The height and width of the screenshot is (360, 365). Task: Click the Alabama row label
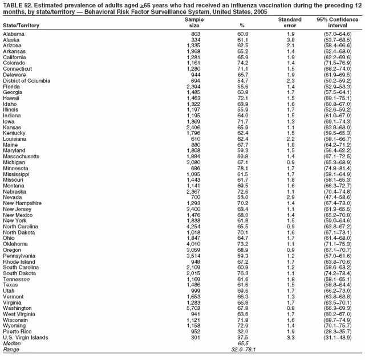pos(14,34)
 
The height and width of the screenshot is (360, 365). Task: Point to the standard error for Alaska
pos(290,40)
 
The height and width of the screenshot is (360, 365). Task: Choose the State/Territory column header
pos(21,26)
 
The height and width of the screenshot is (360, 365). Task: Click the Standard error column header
pos(290,23)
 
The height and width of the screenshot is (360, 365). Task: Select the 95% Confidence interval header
pos(337,23)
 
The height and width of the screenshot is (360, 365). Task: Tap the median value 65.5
pos(242,343)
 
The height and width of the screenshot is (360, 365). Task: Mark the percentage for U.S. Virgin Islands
pos(242,337)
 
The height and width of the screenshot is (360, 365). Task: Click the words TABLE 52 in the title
pos(16,5)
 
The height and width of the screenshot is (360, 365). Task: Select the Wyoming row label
pos(15,325)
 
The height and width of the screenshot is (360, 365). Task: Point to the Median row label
pos(11,343)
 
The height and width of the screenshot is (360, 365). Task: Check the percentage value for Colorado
pos(242,64)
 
